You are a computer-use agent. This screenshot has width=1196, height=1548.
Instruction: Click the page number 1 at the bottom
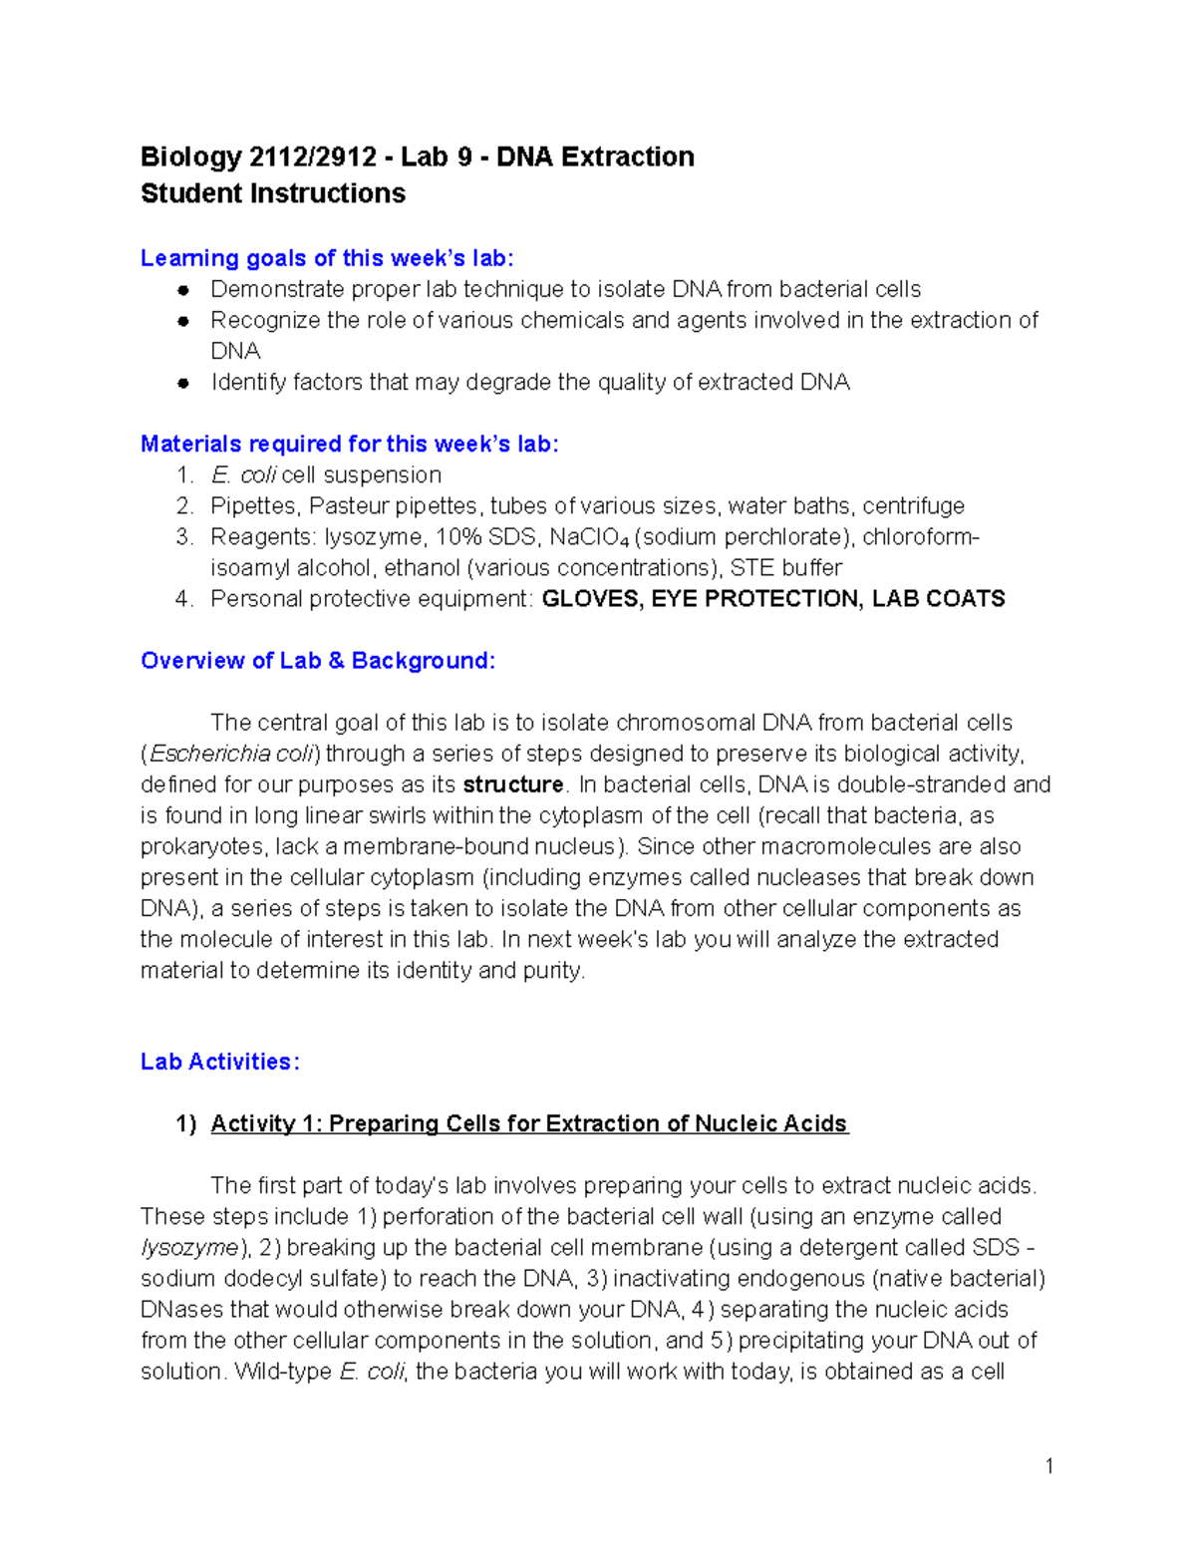(x=1048, y=1465)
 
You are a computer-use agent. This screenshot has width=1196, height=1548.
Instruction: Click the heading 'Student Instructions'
(x=272, y=193)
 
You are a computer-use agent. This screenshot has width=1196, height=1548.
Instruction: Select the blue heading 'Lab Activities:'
(x=219, y=1062)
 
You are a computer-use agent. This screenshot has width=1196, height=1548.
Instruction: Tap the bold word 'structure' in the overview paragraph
(x=513, y=784)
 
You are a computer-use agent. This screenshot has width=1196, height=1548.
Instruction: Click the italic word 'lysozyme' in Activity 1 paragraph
(x=189, y=1248)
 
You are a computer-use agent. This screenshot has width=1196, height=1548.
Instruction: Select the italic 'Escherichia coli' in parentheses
(x=232, y=754)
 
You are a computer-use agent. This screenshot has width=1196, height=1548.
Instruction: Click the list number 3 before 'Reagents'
(x=183, y=537)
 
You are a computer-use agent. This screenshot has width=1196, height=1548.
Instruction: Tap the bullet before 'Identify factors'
(x=183, y=383)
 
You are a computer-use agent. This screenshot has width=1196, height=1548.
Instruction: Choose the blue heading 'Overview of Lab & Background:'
(x=317, y=661)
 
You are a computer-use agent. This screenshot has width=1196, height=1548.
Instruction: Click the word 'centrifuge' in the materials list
(x=913, y=506)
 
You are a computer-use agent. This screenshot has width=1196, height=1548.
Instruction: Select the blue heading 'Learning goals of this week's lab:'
(x=327, y=258)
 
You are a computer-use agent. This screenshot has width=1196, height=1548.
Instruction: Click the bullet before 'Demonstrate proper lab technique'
(x=183, y=290)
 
